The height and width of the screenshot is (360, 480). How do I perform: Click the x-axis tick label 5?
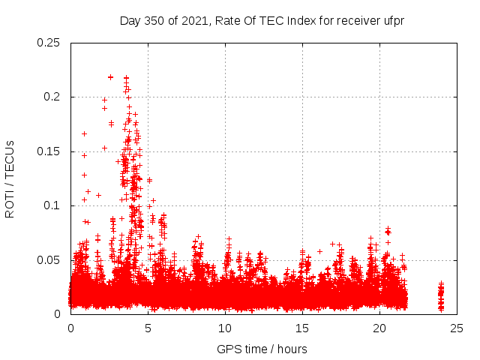pos(148,328)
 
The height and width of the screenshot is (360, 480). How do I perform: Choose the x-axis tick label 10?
pos(225,328)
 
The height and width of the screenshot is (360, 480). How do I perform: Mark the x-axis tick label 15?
pos(302,328)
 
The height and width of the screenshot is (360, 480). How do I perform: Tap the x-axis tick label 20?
pos(379,328)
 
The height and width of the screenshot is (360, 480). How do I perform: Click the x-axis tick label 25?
pos(457,328)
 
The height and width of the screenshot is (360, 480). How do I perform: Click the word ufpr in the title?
pos(394,20)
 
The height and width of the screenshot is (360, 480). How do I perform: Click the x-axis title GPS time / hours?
pos(262,349)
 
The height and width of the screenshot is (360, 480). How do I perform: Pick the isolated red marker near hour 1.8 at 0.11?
pos(98,195)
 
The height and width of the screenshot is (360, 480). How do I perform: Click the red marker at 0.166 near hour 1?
pos(84,133)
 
